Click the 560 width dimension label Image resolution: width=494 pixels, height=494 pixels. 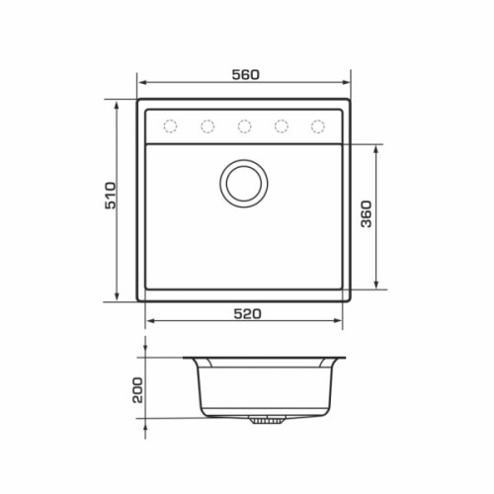tap(246, 75)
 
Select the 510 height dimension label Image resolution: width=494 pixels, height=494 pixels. tap(111, 196)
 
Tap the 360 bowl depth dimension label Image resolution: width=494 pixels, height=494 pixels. tap(367, 214)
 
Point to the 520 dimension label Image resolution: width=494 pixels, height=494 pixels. tap(247, 314)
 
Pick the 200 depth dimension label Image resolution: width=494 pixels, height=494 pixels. tap(137, 390)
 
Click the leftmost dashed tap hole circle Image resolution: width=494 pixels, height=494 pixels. tap(170, 126)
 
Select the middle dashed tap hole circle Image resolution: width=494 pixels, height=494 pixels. tap(244, 126)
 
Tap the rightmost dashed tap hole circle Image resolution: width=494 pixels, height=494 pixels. tap(318, 126)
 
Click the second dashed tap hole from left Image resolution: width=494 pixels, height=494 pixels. tap(207, 126)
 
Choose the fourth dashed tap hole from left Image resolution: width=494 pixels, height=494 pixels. tap(282, 126)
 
